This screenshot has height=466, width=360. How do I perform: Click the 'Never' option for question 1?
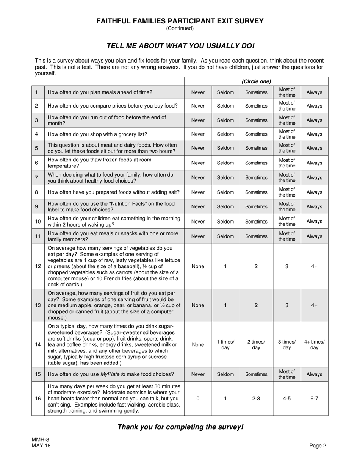coord(198,92)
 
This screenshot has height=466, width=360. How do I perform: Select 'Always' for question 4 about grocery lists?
coord(314,134)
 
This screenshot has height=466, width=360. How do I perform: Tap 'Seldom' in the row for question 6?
coord(225,163)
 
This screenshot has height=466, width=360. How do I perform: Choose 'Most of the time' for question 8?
coord(287,192)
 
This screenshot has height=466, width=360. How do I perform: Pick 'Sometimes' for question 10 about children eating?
coord(256,221)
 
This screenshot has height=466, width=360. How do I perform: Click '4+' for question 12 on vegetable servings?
coord(314,266)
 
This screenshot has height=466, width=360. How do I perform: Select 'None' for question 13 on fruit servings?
coord(198,305)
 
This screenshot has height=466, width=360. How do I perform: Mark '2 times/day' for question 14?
coord(256,344)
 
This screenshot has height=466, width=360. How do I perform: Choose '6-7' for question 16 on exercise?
coord(314,399)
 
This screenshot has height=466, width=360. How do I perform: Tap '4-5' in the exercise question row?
coord(287,399)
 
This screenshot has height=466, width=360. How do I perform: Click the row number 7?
coord(36,178)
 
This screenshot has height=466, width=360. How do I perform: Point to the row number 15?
coord(38,374)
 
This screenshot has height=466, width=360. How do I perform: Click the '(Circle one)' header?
coord(256,81)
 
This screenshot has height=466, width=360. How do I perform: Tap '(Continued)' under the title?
coord(180,28)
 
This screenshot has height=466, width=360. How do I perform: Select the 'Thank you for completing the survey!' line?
coord(180,427)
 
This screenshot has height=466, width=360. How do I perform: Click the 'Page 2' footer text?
coord(318,446)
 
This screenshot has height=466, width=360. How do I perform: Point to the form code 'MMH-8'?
coord(41,440)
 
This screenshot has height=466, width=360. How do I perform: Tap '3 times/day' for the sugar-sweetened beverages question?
coord(287,344)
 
